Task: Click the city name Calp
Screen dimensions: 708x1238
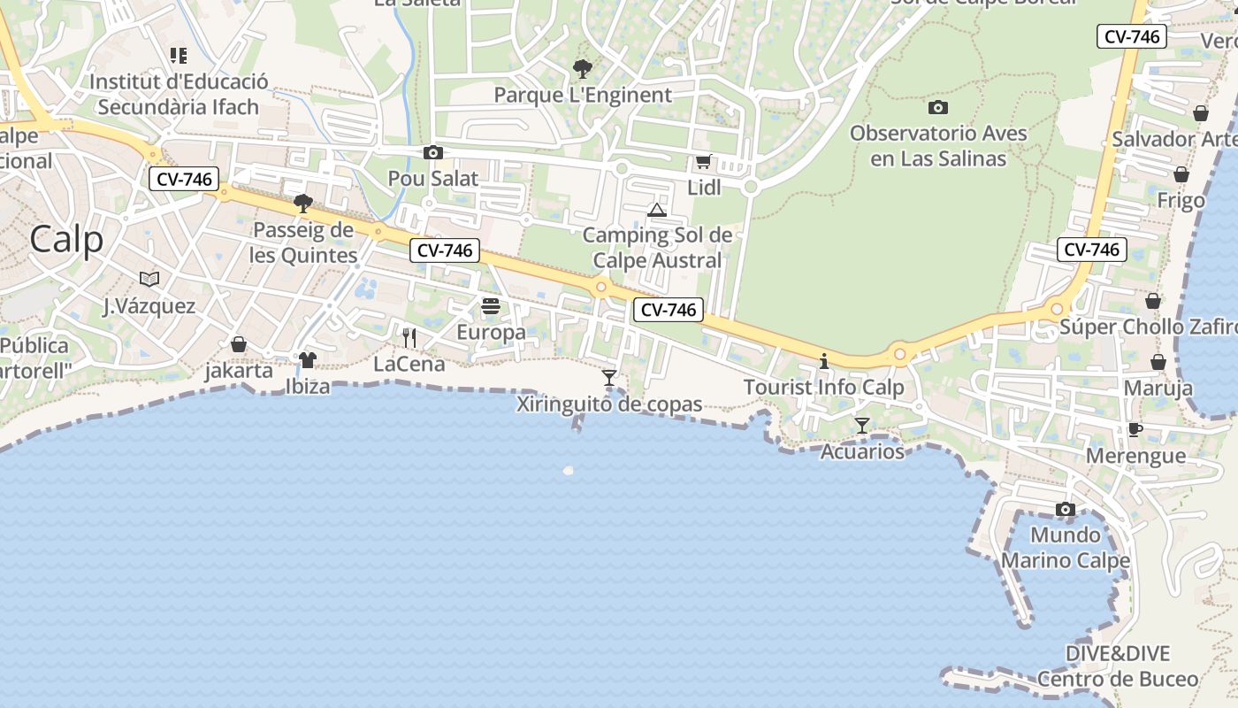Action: (x=66, y=239)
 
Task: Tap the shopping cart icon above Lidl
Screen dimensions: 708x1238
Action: (x=704, y=162)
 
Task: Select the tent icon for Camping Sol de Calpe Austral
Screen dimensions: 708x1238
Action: (x=656, y=210)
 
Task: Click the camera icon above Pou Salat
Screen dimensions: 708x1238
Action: (x=433, y=153)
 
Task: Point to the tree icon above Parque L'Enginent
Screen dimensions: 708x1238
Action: (x=583, y=68)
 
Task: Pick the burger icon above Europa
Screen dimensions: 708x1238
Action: (x=492, y=306)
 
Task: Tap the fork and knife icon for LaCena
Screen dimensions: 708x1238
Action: (x=409, y=337)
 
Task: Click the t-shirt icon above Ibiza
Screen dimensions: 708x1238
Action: (x=307, y=359)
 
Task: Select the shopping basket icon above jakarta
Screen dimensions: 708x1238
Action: (x=239, y=343)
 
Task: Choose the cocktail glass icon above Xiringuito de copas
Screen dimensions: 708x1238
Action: (x=609, y=378)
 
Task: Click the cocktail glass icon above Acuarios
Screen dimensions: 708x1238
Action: (x=862, y=426)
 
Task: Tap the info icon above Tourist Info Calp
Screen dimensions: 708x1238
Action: (x=824, y=361)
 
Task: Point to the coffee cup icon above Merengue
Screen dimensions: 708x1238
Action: (x=1135, y=430)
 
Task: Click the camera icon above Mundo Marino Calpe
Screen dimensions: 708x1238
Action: (x=1066, y=510)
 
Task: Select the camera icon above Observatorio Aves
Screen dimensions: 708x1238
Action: (x=938, y=108)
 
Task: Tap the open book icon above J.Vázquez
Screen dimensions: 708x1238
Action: (x=149, y=280)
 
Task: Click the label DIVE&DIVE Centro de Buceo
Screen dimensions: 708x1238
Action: (x=1118, y=666)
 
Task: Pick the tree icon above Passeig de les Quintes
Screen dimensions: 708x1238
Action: (x=303, y=204)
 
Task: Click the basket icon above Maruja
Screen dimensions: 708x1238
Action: (x=1158, y=362)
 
